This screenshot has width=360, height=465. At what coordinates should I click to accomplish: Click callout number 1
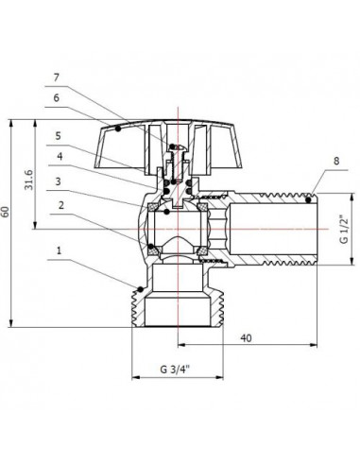click(59, 250)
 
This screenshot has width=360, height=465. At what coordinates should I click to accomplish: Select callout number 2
click(61, 205)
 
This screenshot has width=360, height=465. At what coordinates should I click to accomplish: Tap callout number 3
click(58, 181)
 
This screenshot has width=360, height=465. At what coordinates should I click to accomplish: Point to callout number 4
click(60, 156)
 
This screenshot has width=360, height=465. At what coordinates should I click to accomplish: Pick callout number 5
click(58, 136)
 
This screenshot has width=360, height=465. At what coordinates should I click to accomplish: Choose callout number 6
click(57, 98)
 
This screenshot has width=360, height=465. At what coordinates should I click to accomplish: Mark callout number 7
click(57, 77)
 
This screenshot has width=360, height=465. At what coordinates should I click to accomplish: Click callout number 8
click(336, 161)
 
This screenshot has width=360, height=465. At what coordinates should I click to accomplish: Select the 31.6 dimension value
click(29, 181)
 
